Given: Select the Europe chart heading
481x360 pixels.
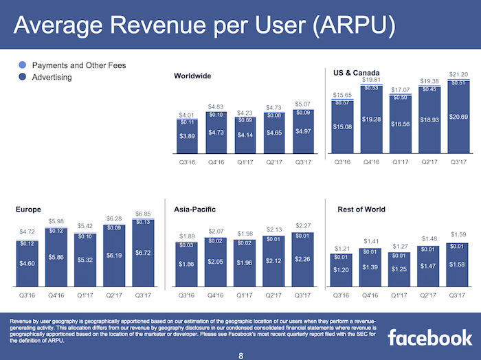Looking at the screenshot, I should pyautogui.click(x=28, y=209).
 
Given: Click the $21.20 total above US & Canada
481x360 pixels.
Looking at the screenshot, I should pyautogui.click(x=458, y=74).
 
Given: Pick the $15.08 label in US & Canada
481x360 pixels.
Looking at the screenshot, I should pyautogui.click(x=342, y=127).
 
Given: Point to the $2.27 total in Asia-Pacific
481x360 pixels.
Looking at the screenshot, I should pyautogui.click(x=302, y=226).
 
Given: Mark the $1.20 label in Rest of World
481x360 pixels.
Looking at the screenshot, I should pyautogui.click(x=342, y=270).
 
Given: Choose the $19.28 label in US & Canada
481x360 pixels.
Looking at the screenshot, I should pyautogui.click(x=371, y=120).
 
